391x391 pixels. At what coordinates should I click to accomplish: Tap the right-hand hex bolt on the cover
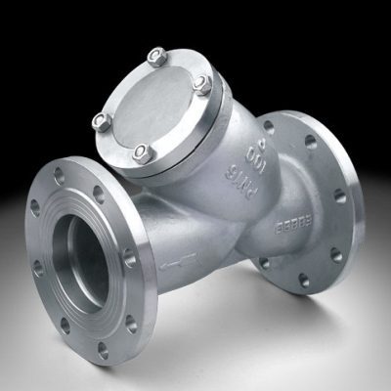[203, 85]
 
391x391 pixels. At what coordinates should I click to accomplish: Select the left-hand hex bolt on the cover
[102, 122]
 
